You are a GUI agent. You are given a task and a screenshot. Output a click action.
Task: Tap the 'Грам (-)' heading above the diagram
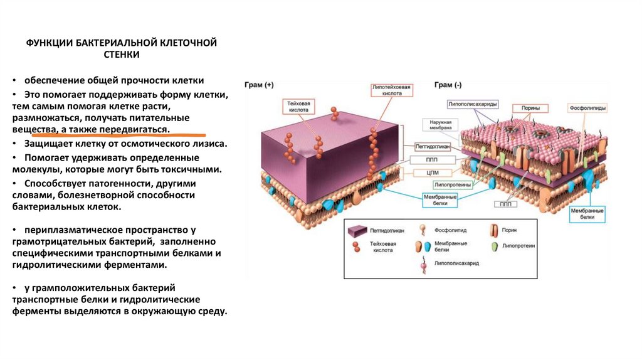coord(448,85)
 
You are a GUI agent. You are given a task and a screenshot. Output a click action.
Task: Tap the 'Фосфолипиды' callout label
coord(587,109)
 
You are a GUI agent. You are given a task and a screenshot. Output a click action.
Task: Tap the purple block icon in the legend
coord(358,231)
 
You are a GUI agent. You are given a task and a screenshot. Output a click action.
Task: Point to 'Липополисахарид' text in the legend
coord(453,265)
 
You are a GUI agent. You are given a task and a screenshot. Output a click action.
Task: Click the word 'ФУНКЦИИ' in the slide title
coord(49,43)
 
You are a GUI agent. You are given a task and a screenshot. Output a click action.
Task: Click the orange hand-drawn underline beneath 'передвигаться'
coord(119,134)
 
